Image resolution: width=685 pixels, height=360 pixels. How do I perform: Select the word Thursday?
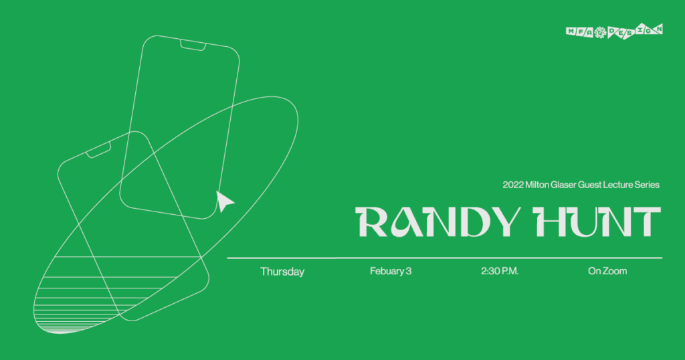click(x=282, y=272)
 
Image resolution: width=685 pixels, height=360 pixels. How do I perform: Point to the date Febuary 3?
click(x=390, y=272)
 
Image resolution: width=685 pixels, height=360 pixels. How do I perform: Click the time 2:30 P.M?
click(x=500, y=272)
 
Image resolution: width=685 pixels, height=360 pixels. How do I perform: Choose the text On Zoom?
click(x=607, y=272)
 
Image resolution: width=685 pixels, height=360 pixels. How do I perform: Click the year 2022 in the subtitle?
click(x=514, y=185)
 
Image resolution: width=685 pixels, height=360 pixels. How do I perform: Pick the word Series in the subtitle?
click(x=649, y=185)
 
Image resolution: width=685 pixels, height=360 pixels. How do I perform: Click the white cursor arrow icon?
click(x=225, y=201)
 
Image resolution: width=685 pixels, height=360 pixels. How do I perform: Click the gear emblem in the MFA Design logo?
click(x=600, y=31)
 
